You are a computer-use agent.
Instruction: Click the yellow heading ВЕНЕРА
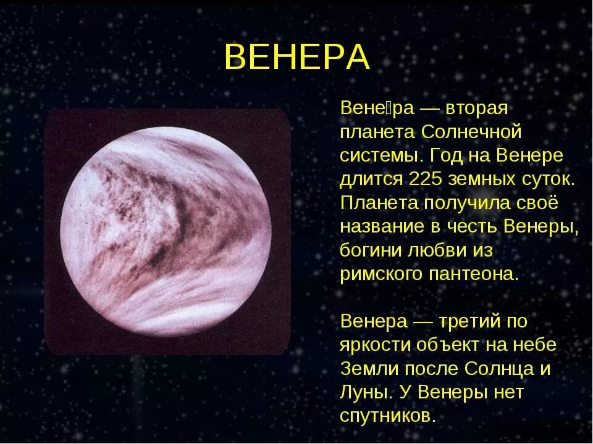(x=296, y=57)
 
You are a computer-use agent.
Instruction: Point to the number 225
(x=426, y=179)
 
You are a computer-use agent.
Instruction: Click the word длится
(x=369, y=179)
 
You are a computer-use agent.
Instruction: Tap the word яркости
(x=373, y=345)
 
